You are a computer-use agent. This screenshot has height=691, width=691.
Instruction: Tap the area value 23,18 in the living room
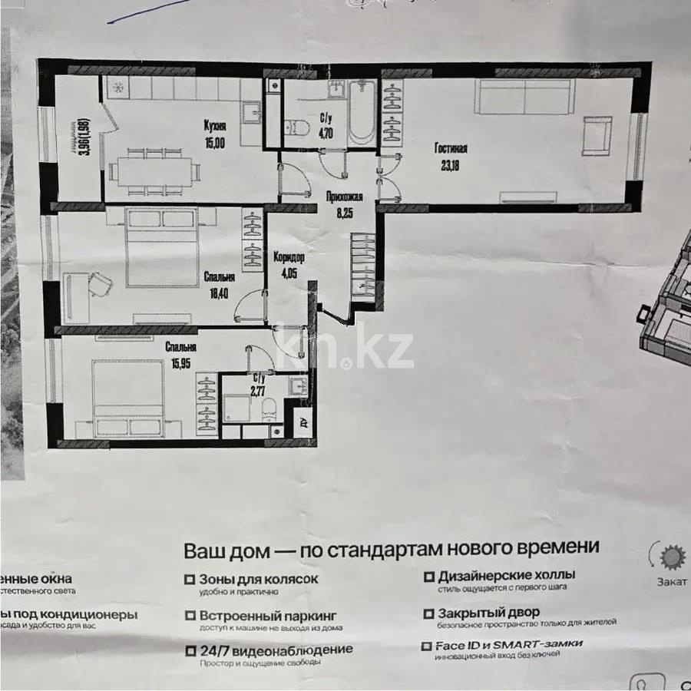tap(451, 164)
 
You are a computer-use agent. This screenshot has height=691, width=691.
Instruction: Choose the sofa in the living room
tap(524, 96)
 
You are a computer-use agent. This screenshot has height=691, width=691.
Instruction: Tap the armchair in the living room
tap(597, 136)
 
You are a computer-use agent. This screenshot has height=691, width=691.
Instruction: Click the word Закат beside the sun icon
tap(671, 581)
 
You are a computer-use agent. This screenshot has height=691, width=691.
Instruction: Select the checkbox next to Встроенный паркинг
tap(189, 615)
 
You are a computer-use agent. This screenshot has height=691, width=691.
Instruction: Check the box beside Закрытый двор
tap(428, 613)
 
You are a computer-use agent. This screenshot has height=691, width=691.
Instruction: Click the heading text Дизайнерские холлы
tap(507, 574)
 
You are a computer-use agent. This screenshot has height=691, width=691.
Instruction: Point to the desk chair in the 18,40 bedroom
tap(101, 285)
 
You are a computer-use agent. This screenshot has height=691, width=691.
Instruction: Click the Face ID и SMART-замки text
tap(510, 643)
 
